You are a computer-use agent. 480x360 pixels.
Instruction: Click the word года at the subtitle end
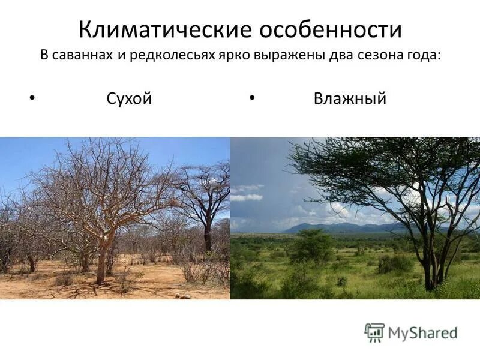[x=425, y=55]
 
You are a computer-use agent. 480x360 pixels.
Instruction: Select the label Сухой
[x=129, y=98]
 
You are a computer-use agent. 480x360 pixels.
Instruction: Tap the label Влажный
[x=350, y=98]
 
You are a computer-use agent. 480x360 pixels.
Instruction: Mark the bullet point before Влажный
[x=253, y=95]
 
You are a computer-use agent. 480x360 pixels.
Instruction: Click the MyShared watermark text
[x=423, y=332]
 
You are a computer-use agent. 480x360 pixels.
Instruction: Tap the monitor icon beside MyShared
[x=374, y=332]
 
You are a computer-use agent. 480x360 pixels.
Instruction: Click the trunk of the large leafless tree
[x=101, y=258]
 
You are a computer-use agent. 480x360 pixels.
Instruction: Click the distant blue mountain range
[x=336, y=228]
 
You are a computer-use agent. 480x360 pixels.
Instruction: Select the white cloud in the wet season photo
[x=247, y=197]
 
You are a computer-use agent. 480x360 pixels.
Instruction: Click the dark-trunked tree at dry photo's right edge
[x=208, y=234]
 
